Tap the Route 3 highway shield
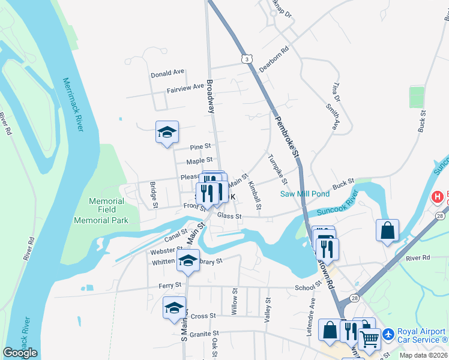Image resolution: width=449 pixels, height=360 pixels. point(246,58)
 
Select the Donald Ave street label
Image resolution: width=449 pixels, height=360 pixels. point(167,73)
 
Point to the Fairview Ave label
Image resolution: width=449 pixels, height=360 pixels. point(185,88)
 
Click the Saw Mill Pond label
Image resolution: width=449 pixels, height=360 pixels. point(304,194)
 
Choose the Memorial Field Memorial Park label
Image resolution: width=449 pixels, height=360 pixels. point(101,211)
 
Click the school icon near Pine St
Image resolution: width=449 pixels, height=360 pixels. point(167,132)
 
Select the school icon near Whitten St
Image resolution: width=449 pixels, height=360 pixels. point(188,260)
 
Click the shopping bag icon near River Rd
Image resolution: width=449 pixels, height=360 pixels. point(388,230)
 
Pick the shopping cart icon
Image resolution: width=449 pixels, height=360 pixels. point(369,339)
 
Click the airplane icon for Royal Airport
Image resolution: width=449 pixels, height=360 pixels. point(388,333)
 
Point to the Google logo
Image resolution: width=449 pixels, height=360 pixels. point(20,353)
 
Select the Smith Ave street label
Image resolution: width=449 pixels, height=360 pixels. point(332,116)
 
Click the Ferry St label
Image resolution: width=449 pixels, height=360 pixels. point(170,286)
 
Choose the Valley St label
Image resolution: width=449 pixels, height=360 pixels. point(268,311)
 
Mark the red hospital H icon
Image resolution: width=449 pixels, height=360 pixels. point(438,196)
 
